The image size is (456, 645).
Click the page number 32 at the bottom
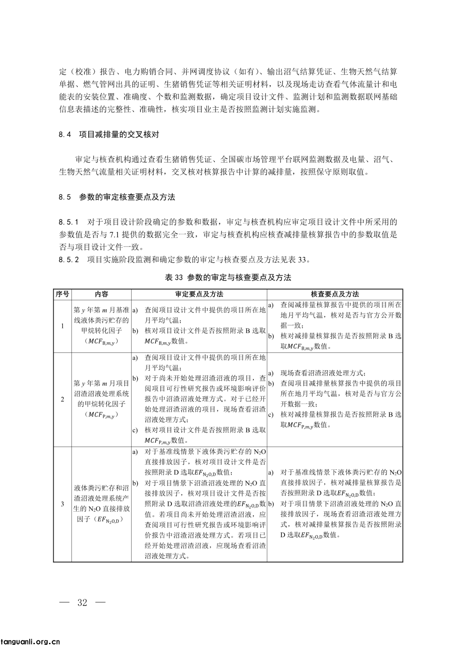(82, 602)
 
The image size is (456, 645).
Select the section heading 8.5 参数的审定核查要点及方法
(117, 197)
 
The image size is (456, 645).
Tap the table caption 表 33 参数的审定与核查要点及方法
(228, 277)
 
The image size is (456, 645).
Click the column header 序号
(62, 294)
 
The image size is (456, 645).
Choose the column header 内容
(101, 294)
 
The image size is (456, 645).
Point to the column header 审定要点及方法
(199, 294)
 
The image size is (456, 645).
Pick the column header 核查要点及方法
(335, 294)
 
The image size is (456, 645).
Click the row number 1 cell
(62, 326)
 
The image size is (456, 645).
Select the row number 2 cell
(62, 399)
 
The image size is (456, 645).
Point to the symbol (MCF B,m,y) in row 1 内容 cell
(101, 341)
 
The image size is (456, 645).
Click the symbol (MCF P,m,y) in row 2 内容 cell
(101, 415)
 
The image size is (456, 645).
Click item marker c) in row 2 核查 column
(271, 415)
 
